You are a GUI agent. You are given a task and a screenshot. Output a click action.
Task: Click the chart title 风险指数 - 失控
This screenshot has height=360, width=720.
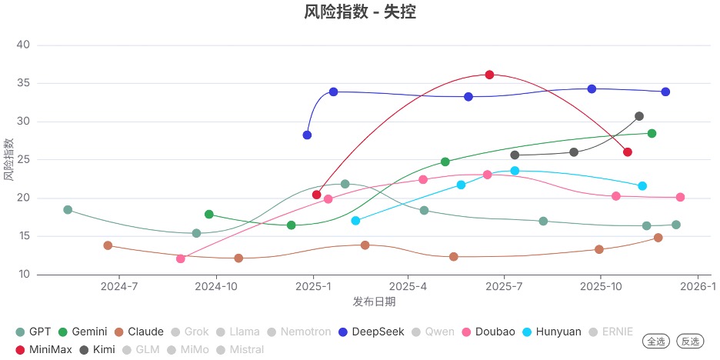tap(360, 12)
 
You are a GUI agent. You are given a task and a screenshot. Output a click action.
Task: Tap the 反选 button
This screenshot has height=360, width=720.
tap(690, 341)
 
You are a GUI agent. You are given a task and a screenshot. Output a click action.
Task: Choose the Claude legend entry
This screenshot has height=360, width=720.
tap(139, 332)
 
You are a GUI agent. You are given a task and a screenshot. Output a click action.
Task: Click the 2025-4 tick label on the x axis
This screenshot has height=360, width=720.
tap(408, 287)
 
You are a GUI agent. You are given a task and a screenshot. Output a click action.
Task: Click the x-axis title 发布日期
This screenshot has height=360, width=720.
tap(374, 302)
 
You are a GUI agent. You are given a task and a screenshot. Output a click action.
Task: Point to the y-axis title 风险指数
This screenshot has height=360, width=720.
tap(8, 159)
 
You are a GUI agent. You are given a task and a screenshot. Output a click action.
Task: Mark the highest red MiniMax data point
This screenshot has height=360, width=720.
tap(489, 75)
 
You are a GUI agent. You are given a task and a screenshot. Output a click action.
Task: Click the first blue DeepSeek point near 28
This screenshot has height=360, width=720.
tap(307, 135)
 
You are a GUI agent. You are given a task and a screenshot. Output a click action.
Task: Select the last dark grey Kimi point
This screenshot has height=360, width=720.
tap(639, 116)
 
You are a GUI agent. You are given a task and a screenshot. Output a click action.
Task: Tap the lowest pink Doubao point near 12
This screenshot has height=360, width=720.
tap(181, 258)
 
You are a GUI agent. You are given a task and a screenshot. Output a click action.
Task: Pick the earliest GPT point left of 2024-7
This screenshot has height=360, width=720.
tap(68, 210)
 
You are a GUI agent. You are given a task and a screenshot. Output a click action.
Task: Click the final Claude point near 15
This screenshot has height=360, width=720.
tap(658, 238)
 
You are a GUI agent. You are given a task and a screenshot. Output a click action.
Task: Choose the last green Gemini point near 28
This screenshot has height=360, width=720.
tap(652, 133)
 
